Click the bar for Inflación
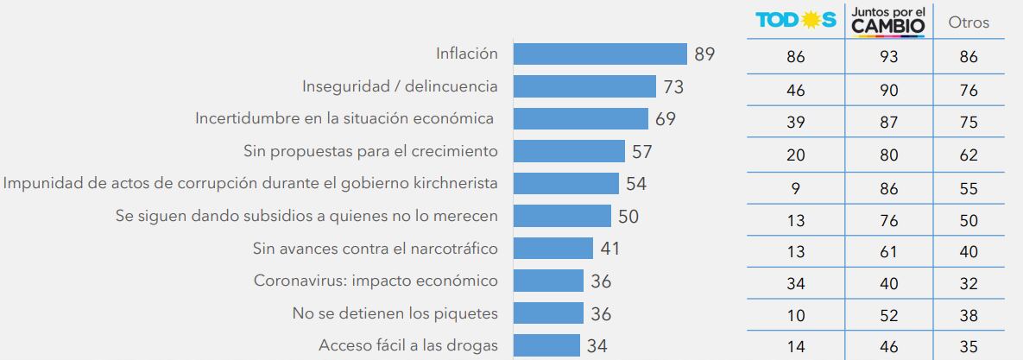pos(600,54)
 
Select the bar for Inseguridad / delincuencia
pos(584,86)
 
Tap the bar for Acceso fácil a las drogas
pos(546,345)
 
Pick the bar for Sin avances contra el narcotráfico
pos(553,249)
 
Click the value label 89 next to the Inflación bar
pos(704,54)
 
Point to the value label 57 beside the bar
pos(641,151)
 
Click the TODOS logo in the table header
pos(795,21)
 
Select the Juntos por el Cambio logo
pos(887,22)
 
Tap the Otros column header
pos(968,23)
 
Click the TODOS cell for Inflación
pos(795,58)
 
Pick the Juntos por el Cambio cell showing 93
pos(887,58)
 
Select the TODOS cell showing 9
pos(795,187)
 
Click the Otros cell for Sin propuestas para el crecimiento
pos(968,155)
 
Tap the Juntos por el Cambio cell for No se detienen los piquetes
pos(887,316)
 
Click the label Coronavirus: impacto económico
pos(376,281)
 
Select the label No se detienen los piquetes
pos(395,313)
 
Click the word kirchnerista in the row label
pos(455,183)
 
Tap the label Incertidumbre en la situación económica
pos(344,118)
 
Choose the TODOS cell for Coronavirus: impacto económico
pos(795,284)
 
